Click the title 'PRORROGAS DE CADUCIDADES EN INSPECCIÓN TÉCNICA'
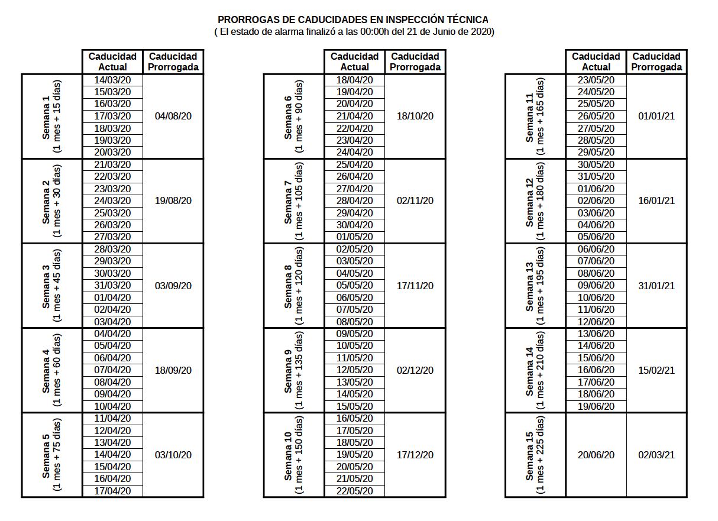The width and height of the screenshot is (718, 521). click(x=353, y=20)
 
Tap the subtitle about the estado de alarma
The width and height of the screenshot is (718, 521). click(x=354, y=31)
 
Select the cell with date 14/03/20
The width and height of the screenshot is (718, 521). click(x=112, y=80)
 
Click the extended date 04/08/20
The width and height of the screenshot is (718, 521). click(x=173, y=117)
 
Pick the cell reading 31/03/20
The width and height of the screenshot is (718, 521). click(x=112, y=286)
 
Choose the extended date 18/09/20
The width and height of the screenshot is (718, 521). click(x=173, y=371)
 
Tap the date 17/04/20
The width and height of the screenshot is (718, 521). click(x=112, y=491)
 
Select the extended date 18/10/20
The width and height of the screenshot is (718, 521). click(x=415, y=117)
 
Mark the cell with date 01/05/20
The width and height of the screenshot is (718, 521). click(x=354, y=237)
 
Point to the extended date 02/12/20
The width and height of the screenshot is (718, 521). click(x=415, y=371)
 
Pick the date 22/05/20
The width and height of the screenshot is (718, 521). click(x=354, y=491)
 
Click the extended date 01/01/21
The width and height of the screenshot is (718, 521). click(x=656, y=117)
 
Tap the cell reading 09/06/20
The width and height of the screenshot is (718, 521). click(x=596, y=286)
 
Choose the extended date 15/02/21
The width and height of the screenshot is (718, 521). click(x=656, y=371)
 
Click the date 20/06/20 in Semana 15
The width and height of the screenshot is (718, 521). click(x=596, y=455)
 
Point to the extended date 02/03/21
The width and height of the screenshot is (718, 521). click(x=656, y=455)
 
